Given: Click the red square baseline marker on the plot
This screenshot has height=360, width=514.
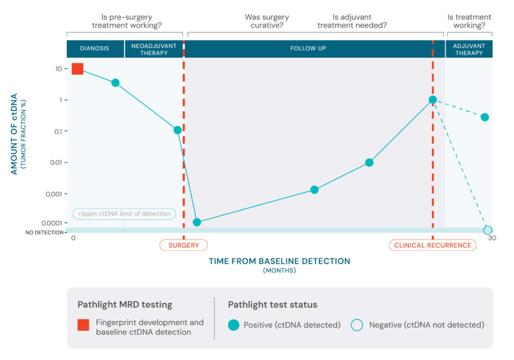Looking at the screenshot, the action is pyautogui.click(x=77, y=69).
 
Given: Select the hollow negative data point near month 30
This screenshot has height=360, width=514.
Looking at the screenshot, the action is pyautogui.click(x=487, y=230).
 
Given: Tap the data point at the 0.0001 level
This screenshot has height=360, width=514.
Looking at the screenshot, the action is pyautogui.click(x=197, y=222).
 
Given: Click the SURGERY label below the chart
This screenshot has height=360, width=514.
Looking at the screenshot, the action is pyautogui.click(x=184, y=245).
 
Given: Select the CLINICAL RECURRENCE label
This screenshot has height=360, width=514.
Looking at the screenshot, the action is pyautogui.click(x=432, y=245).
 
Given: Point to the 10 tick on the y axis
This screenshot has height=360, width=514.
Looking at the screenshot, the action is pyautogui.click(x=58, y=69).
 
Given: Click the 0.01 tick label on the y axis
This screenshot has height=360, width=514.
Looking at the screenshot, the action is pyautogui.click(x=56, y=162).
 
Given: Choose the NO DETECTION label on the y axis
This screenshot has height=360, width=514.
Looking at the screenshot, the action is pyautogui.click(x=45, y=232).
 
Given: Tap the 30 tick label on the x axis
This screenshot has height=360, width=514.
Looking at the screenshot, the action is pyautogui.click(x=492, y=238).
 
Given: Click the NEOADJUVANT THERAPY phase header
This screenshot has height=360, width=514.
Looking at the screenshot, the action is pyautogui.click(x=154, y=49).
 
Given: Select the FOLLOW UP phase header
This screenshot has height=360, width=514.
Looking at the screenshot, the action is pyautogui.click(x=308, y=49).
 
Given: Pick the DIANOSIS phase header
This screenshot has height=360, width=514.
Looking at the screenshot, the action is pyautogui.click(x=94, y=49).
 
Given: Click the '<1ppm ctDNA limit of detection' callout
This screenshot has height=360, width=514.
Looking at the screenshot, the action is pyautogui.click(x=124, y=214).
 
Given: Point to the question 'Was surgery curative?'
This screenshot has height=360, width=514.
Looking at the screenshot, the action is pyautogui.click(x=267, y=21).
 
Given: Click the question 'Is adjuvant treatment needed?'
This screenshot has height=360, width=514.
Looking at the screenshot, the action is pyautogui.click(x=352, y=21).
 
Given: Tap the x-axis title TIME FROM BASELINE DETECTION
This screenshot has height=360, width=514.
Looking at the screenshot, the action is pyautogui.click(x=280, y=261).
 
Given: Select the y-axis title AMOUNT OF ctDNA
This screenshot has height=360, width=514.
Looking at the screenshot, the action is pyautogui.click(x=14, y=134).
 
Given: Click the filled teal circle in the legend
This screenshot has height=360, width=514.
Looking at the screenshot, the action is pyautogui.click(x=233, y=325).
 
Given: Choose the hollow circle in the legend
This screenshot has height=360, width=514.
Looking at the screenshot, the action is pyautogui.click(x=357, y=325).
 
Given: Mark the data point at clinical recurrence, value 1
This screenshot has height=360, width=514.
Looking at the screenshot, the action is pyautogui.click(x=432, y=100).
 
